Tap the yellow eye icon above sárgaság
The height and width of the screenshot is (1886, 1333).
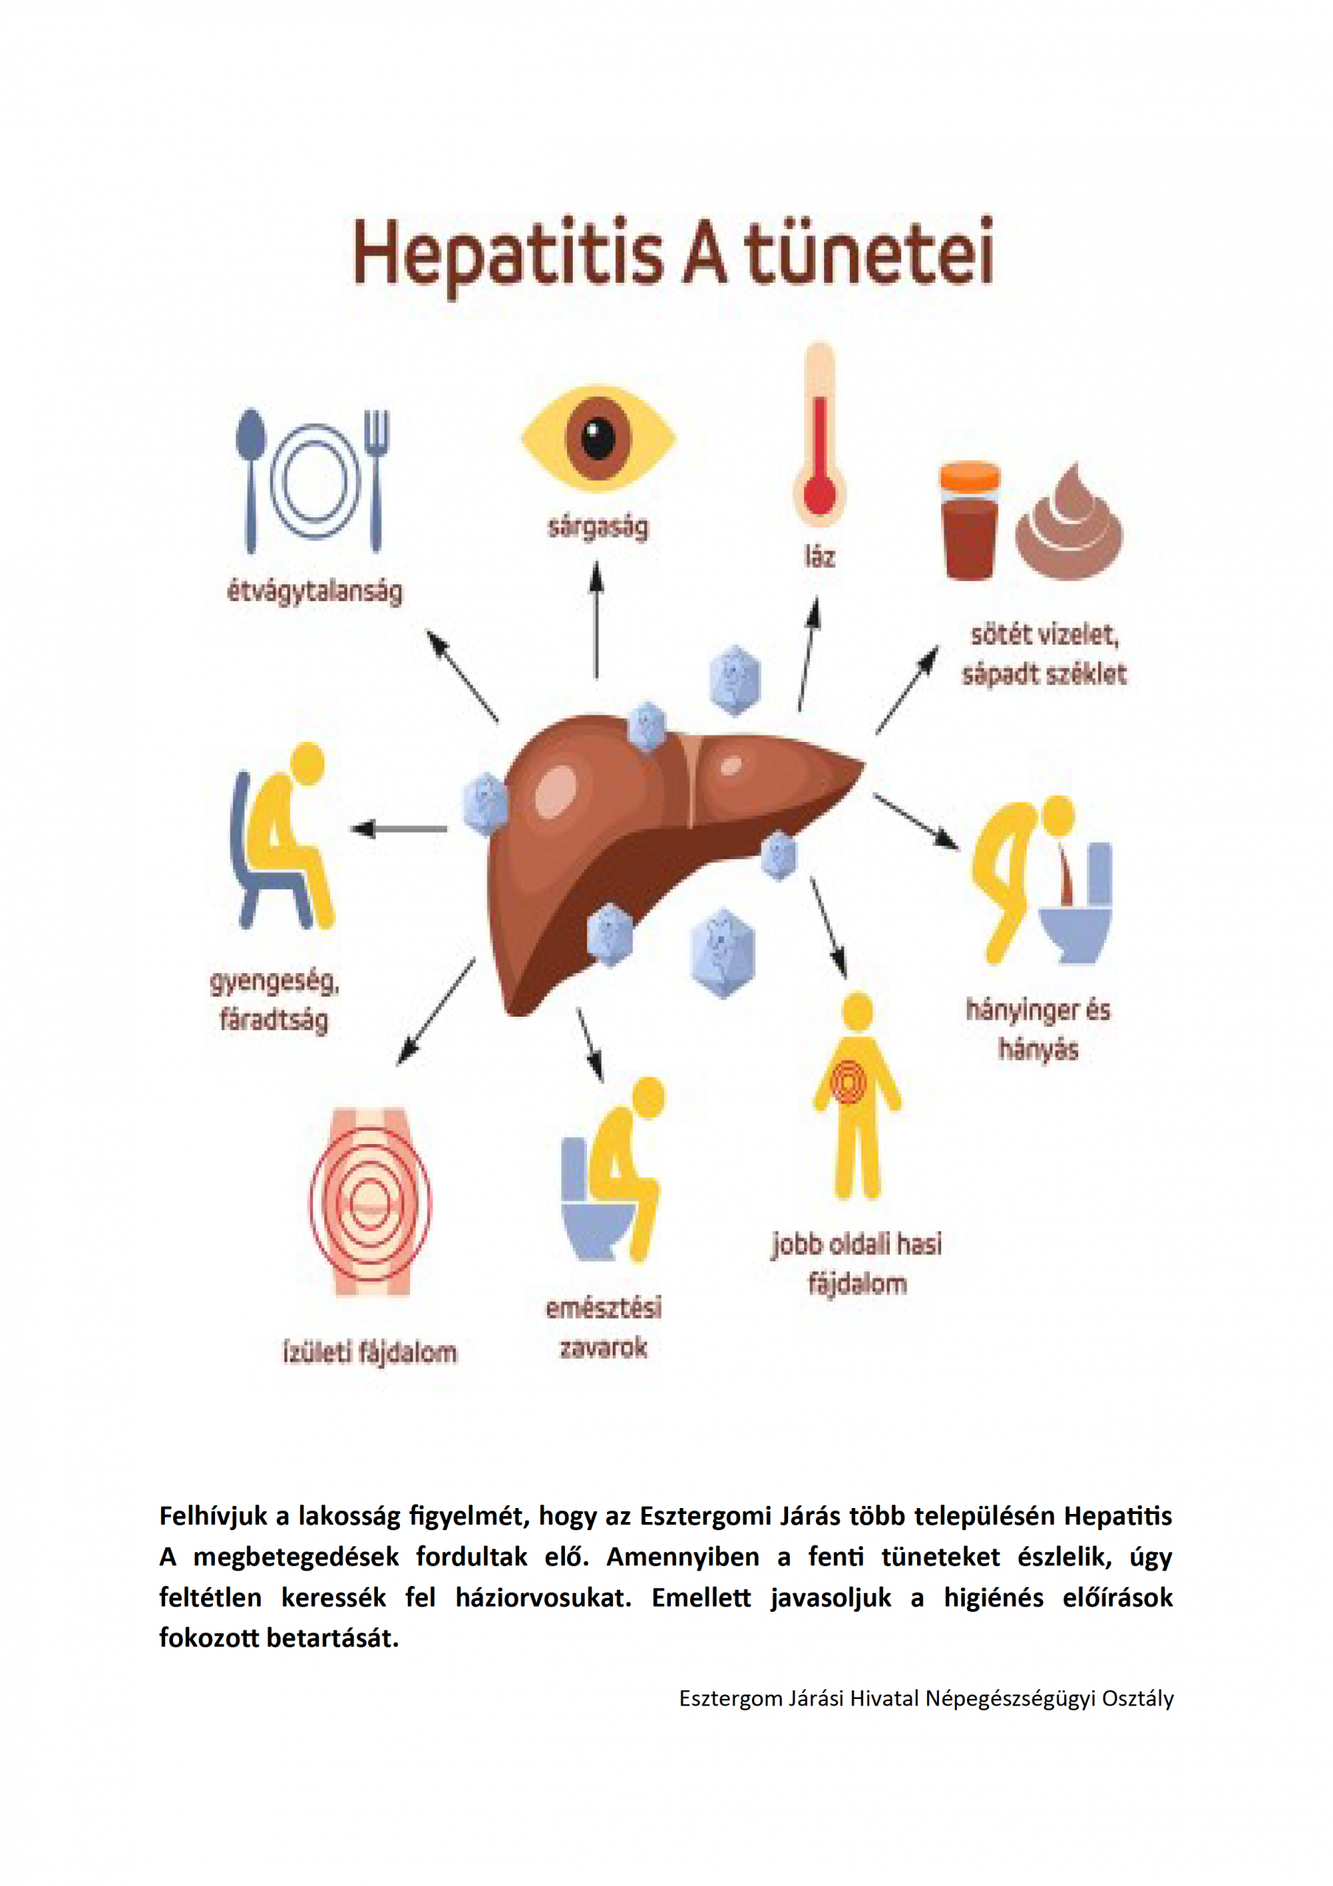(x=598, y=438)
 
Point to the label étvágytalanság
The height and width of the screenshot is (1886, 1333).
(x=314, y=592)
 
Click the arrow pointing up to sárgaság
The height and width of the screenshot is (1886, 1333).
(x=597, y=620)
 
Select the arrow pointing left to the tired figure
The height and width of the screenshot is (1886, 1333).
(x=399, y=829)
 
